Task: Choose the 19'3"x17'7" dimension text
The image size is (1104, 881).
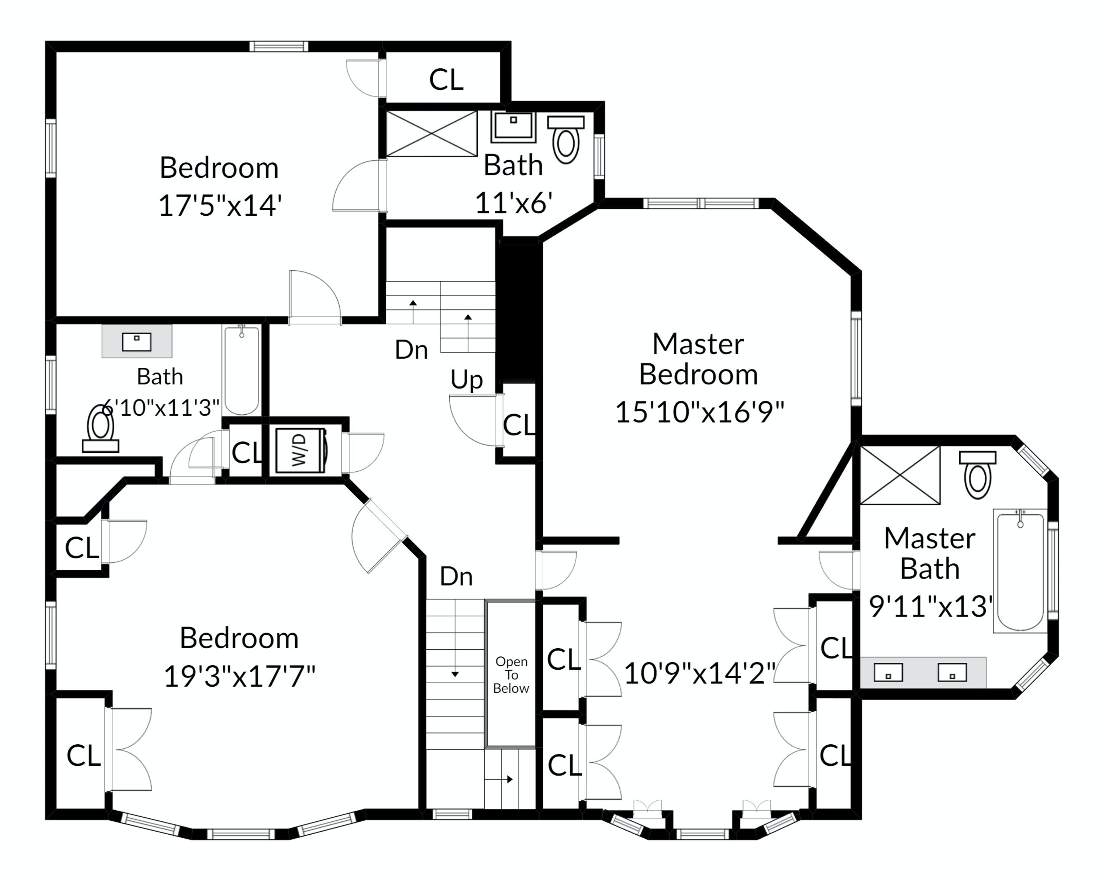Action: pyautogui.click(x=239, y=676)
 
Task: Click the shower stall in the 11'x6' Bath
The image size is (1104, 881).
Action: pyautogui.click(x=431, y=134)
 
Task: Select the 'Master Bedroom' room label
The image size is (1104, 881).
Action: pyautogui.click(x=698, y=359)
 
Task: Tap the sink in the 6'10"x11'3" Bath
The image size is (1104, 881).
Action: pyautogui.click(x=137, y=341)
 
